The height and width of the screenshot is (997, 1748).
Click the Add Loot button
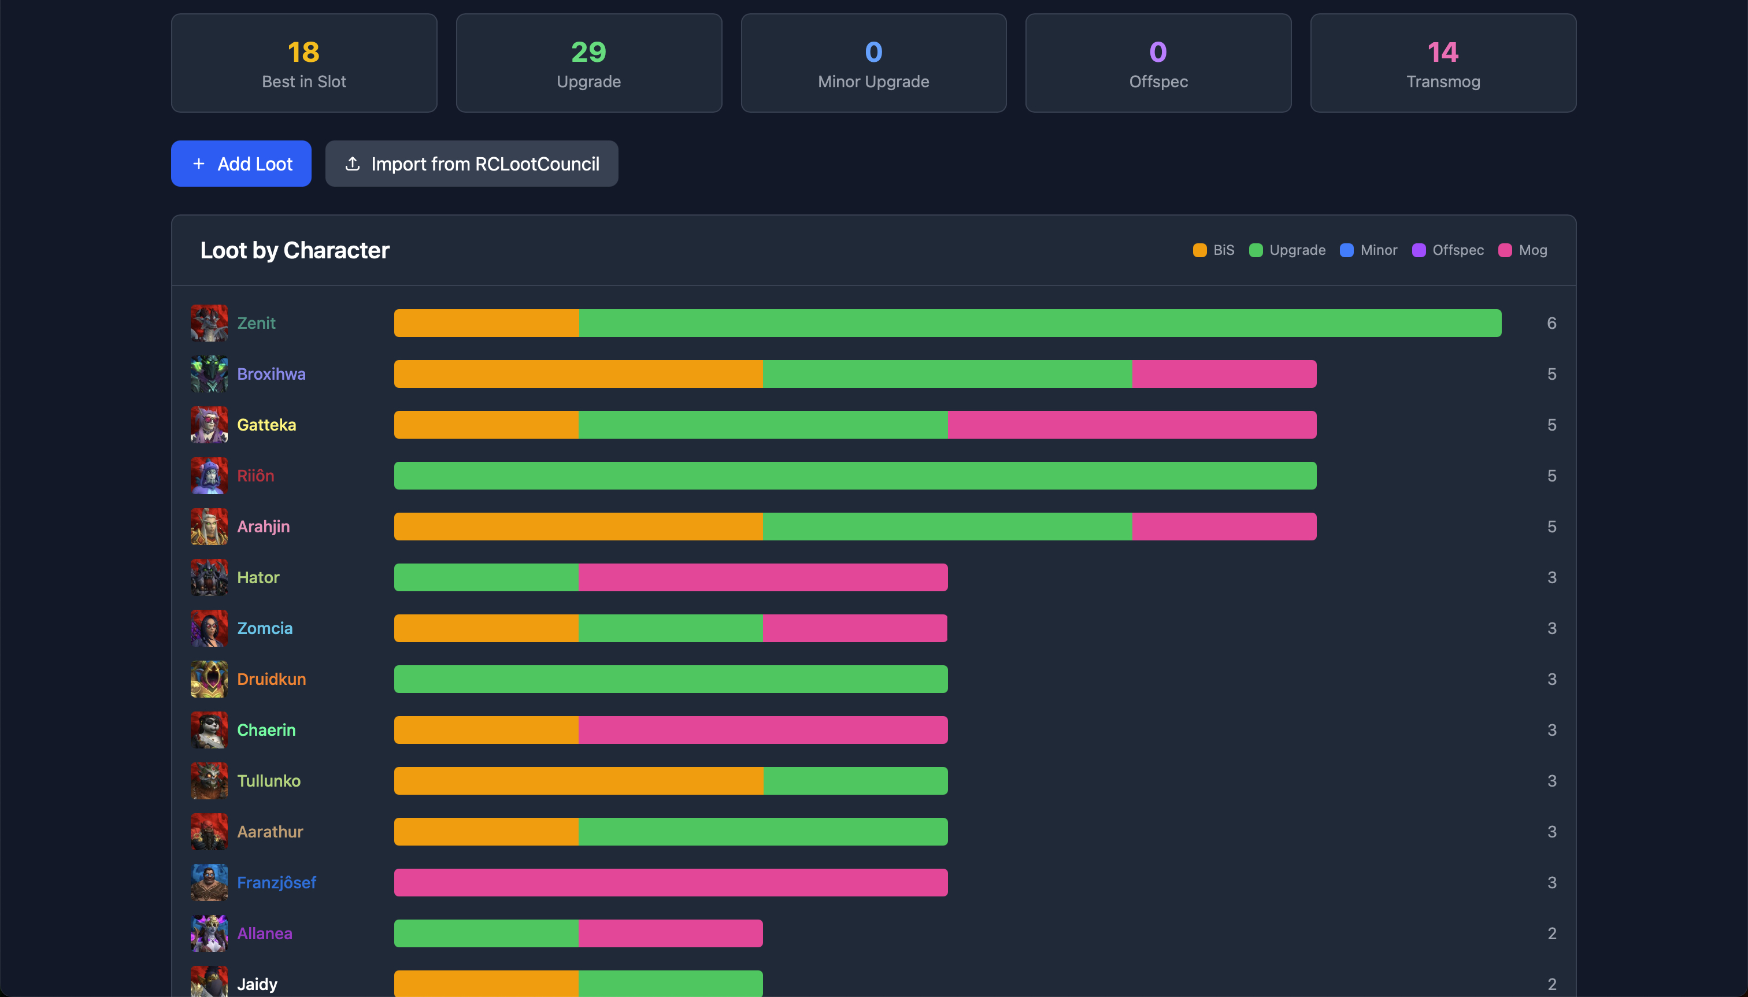click(x=241, y=164)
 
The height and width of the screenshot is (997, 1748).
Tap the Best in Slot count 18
click(x=303, y=52)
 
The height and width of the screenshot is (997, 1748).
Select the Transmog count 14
click(x=1443, y=52)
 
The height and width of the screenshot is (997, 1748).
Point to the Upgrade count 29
click(x=588, y=52)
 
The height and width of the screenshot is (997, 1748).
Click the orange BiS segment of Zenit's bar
click(x=486, y=323)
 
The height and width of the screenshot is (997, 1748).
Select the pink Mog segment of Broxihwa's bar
click(x=1224, y=374)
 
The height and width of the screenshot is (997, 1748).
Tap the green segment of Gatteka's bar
click(x=763, y=425)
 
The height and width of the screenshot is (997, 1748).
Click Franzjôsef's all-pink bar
click(x=671, y=883)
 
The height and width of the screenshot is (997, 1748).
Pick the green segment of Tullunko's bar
click(x=855, y=781)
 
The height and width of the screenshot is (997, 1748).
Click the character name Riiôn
click(x=255, y=476)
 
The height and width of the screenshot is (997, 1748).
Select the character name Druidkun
click(x=271, y=679)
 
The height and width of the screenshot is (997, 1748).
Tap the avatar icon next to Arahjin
click(x=209, y=527)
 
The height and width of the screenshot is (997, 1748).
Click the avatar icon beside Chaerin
click(x=209, y=730)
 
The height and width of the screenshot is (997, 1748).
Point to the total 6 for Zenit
click(x=1551, y=323)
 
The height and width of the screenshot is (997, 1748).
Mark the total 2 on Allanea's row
click(x=1551, y=933)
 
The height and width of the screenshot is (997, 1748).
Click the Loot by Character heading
click(x=294, y=251)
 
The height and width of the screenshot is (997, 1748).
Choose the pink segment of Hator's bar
click(x=763, y=577)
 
